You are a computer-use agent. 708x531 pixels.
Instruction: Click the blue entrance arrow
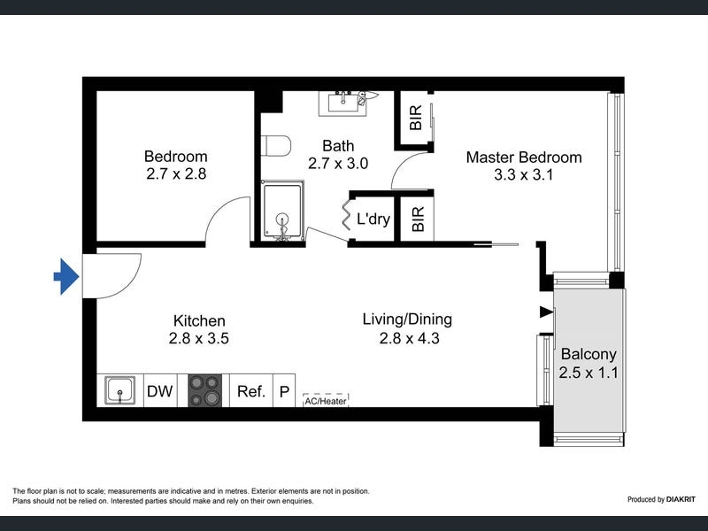point(66,276)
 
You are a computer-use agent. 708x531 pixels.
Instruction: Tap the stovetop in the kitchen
point(205,390)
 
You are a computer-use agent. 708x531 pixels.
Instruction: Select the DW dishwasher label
point(160,391)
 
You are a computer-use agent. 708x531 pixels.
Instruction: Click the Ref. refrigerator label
point(251,391)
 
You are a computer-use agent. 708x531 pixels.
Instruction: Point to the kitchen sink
point(119,390)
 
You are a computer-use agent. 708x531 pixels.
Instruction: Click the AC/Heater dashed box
point(326,401)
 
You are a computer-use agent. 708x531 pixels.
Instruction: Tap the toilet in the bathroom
point(276,145)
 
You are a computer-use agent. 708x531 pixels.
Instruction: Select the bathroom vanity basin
point(343,104)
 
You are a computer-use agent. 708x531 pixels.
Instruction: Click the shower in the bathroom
point(282,211)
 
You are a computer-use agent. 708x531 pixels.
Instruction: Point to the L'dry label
point(373,219)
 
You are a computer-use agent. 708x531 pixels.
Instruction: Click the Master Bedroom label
point(524,158)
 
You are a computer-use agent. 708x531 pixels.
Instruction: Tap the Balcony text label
point(589,355)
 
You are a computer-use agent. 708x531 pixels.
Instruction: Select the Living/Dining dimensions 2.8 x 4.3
point(409,338)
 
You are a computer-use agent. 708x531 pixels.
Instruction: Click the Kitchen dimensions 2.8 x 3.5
point(198,338)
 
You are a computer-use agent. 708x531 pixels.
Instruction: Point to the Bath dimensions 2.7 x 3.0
point(338,164)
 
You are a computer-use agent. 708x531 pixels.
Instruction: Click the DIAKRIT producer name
point(681,499)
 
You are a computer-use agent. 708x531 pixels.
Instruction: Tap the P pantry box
point(284,390)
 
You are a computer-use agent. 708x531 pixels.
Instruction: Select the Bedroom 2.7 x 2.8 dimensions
point(176,173)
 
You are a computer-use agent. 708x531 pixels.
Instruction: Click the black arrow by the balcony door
point(547,312)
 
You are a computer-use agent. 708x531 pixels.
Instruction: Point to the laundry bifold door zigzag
point(346,212)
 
